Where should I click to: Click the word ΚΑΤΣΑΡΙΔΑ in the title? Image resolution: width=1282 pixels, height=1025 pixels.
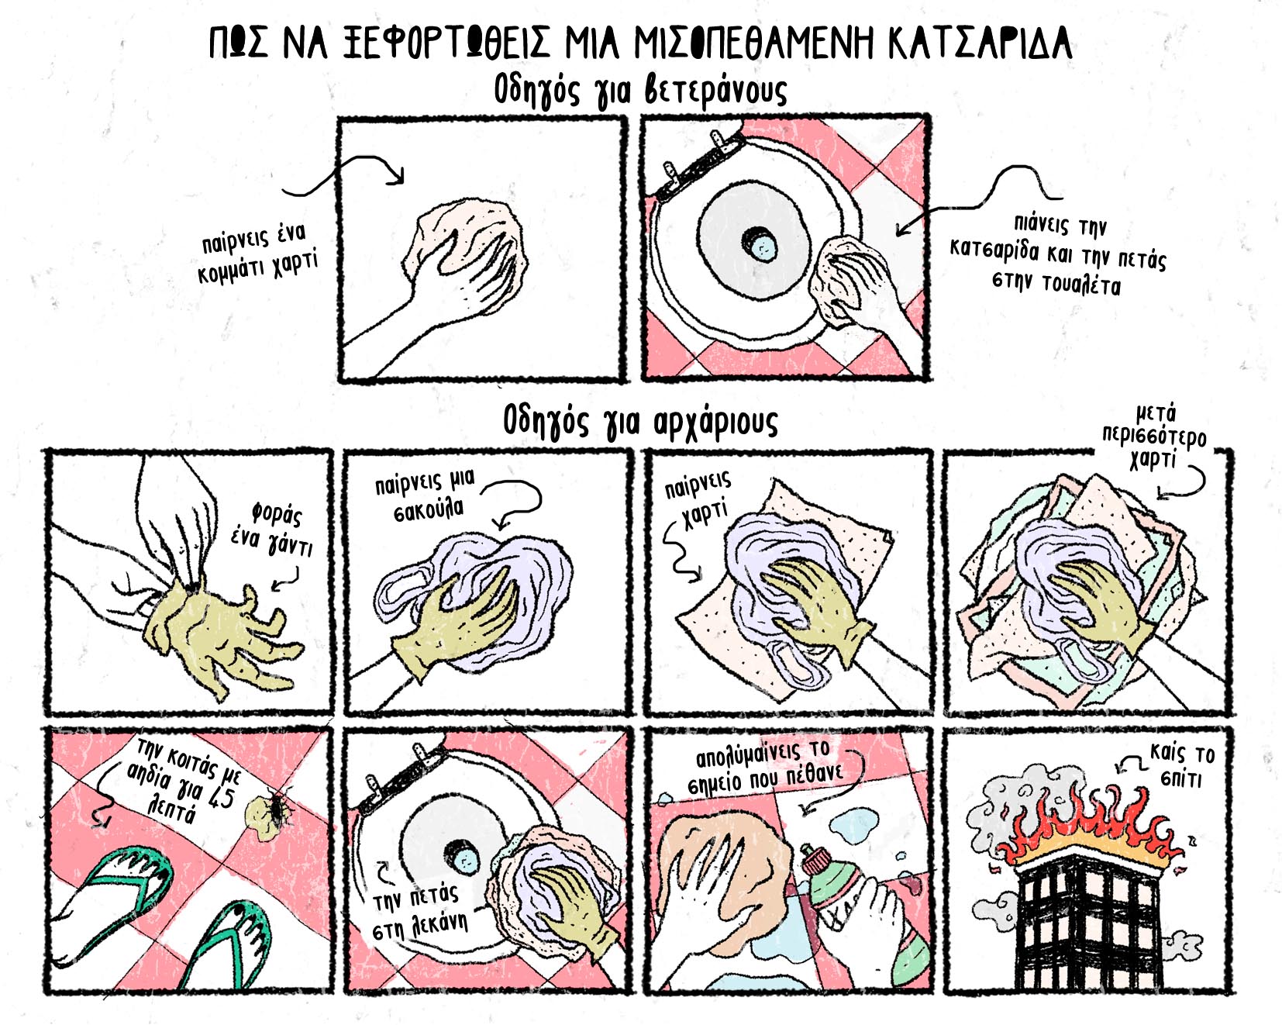(x=980, y=43)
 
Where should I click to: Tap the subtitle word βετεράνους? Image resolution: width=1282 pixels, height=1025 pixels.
(x=715, y=91)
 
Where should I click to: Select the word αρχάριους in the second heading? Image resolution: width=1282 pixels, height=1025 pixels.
(x=714, y=423)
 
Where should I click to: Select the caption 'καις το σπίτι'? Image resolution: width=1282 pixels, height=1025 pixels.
(x=1181, y=764)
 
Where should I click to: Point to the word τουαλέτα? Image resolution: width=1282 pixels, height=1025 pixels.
(x=1081, y=285)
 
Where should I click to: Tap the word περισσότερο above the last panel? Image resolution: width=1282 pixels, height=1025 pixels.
(x=1155, y=436)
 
